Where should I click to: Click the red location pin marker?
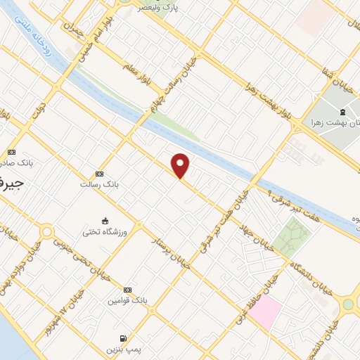pyautogui.click(x=181, y=165)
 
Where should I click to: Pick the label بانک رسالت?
pyautogui.click(x=98, y=184)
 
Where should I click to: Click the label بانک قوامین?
pyautogui.click(x=127, y=300)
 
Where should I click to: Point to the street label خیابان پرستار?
pyautogui.click(x=172, y=251)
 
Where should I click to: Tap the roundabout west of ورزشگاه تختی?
pyautogui.click(x=47, y=231)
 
